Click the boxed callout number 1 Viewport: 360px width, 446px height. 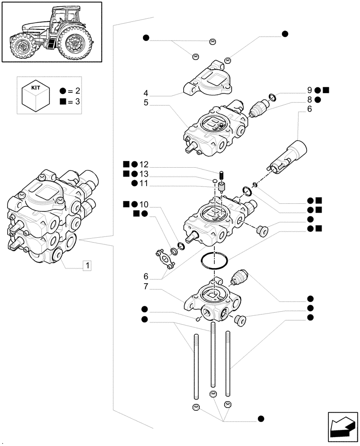[88, 266]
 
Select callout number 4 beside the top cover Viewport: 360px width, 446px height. [146, 94]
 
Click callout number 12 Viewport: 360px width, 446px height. [143, 164]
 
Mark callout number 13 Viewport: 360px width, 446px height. [143, 173]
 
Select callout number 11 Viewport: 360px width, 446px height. [143, 183]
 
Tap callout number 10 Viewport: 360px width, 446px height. [143, 204]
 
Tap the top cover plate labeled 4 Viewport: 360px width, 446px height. [209, 80]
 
